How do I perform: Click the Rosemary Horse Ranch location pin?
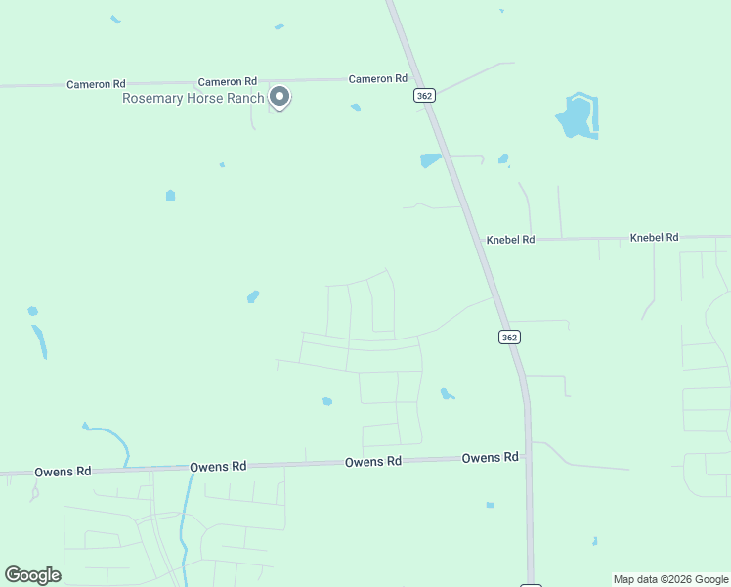click(279, 96)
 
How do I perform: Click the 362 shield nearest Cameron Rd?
click(424, 95)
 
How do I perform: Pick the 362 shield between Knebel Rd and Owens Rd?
click(508, 337)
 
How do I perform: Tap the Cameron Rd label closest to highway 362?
click(377, 79)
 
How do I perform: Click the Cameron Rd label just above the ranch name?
click(227, 82)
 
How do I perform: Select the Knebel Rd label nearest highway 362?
click(510, 240)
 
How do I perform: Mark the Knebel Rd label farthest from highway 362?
click(654, 238)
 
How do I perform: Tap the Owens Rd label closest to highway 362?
click(490, 458)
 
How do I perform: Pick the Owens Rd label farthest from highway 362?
click(63, 472)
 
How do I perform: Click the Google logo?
click(32, 575)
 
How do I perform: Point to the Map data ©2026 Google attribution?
click(670, 579)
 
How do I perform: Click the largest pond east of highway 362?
click(577, 117)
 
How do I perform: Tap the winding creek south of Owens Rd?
click(183, 528)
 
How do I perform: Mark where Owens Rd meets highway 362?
click(527, 455)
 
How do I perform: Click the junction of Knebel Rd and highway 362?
click(480, 239)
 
